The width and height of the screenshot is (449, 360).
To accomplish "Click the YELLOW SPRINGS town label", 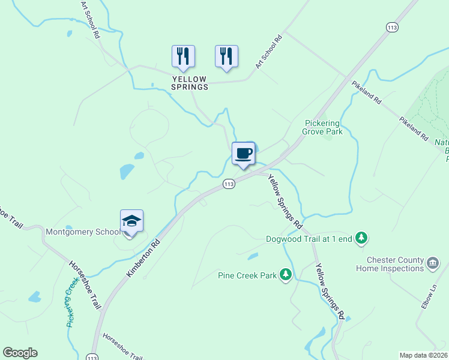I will pos(190,83).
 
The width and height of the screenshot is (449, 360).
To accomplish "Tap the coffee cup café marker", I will pos(243,154).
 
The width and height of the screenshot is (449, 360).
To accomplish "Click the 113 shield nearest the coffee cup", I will pos(228,184).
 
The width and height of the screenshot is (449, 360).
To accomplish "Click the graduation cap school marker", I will pos(131,221).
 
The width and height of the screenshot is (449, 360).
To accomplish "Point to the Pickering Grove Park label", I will pos(324,127).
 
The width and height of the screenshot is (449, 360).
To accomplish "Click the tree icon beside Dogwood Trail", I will pos(361,238).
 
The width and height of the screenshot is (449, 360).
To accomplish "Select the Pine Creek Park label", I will pos(247,275).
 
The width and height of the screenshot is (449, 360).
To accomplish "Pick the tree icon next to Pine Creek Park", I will pos(286,275).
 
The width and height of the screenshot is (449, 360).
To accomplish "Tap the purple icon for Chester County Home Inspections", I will pos(433,263).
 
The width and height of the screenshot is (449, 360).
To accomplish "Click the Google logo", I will pos(20,353).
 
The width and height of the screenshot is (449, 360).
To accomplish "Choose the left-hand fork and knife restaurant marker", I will pos(183,56).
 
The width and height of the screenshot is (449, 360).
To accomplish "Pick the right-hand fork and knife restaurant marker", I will pos(226,56).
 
